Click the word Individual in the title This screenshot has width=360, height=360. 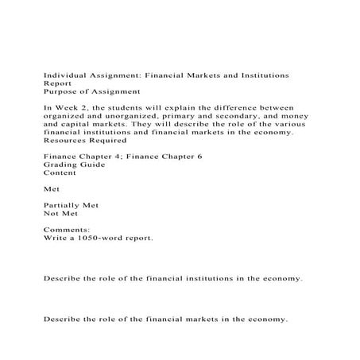point(61,74)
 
